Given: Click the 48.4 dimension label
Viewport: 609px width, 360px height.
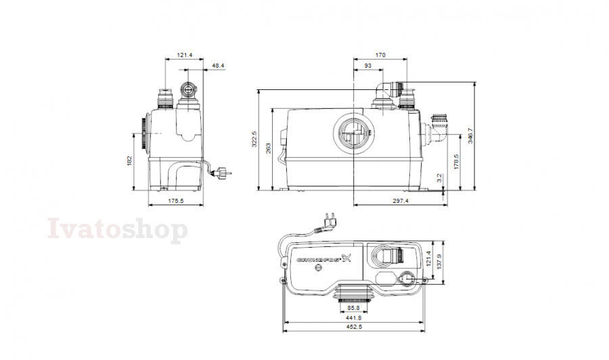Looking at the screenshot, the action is click(x=219, y=66).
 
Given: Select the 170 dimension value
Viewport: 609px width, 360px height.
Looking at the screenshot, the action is click(x=380, y=55).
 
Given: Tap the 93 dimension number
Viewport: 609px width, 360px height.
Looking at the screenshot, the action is click(x=368, y=66).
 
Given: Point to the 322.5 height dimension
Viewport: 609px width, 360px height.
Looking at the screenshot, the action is click(x=254, y=139).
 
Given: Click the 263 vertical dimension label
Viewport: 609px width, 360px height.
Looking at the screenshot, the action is click(x=268, y=148).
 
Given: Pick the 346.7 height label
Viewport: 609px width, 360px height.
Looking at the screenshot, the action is click(x=470, y=135).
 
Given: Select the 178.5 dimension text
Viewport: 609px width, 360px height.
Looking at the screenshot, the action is click(x=456, y=162).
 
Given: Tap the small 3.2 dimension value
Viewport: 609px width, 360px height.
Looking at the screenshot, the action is click(x=439, y=178).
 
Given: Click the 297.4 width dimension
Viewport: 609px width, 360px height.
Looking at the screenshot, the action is click(x=401, y=201).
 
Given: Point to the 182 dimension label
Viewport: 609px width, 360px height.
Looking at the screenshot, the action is click(x=130, y=161).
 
